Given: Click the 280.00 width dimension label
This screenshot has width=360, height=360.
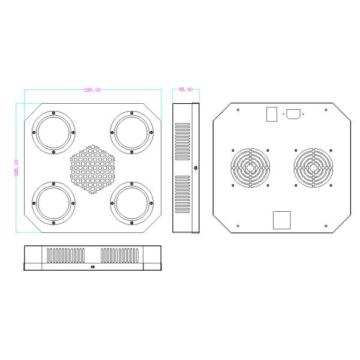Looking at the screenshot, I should [92, 90].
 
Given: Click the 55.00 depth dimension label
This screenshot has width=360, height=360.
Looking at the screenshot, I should [185, 89].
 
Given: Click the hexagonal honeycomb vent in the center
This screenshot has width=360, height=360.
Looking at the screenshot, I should [92, 169].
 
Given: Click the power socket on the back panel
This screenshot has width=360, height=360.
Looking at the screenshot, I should [293, 114].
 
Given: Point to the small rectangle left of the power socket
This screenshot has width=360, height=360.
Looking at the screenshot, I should [272, 114].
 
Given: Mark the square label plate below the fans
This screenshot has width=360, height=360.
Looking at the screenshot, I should [281, 220].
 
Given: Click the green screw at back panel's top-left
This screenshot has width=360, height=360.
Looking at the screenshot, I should [239, 109].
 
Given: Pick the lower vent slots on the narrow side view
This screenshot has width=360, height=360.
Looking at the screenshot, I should [181, 196].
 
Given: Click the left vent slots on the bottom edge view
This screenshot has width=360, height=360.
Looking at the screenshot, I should [66, 256].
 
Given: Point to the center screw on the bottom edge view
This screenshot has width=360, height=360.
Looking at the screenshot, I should [92, 266].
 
